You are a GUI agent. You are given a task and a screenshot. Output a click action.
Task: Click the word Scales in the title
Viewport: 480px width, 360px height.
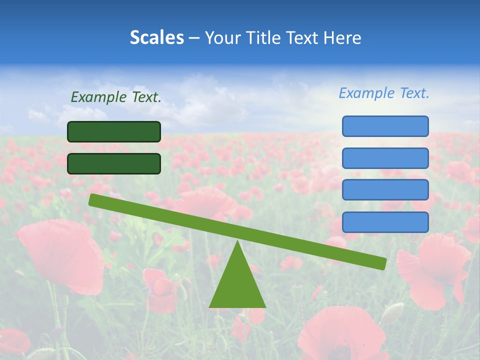point(156,37)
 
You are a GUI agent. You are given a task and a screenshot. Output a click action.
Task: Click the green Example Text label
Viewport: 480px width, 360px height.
point(116,97)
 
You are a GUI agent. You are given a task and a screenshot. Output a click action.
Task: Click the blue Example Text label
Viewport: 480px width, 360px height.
point(384,93)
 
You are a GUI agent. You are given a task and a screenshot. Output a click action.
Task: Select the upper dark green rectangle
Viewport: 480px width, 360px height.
point(114,132)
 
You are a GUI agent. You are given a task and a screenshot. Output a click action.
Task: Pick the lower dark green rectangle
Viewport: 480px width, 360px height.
point(114,163)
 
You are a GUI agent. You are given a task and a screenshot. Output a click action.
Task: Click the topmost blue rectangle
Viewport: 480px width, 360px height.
point(385,126)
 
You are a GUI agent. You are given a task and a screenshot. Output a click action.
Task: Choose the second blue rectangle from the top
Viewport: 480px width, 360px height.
point(385,158)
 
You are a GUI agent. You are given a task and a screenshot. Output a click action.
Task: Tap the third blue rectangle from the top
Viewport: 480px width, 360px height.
point(385,190)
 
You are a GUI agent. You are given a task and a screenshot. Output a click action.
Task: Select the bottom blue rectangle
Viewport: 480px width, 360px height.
point(385,222)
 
